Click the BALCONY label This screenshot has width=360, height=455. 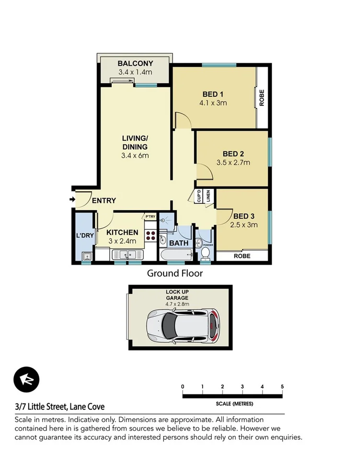tap(135, 63)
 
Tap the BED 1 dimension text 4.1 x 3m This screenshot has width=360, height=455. tap(214, 103)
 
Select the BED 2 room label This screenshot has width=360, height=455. tap(233, 154)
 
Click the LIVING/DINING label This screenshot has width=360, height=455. tap(134, 143)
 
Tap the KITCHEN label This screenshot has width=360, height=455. tap(122, 233)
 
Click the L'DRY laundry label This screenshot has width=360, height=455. tap(84, 236)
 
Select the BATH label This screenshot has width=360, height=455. tap(179, 243)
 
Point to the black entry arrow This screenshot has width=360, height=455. tap(72, 199)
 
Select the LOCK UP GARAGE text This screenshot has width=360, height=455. tap(177, 294)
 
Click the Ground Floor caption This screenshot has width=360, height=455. tap(174, 274)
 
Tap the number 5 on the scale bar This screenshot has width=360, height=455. tap(282, 387)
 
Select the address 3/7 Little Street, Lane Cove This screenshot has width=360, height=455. tap(59, 407)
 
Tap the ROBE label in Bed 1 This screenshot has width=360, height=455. tap(262, 98)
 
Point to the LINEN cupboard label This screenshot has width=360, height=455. tap(208, 196)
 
